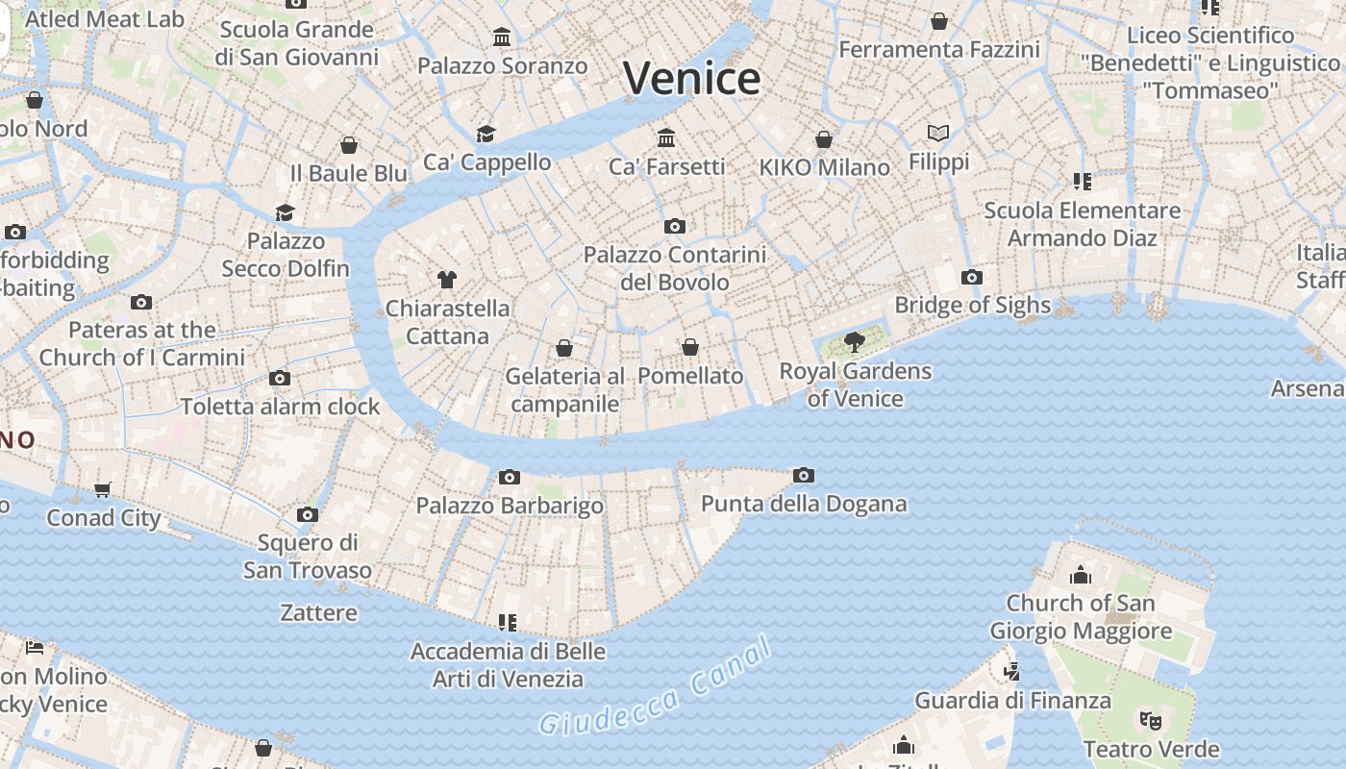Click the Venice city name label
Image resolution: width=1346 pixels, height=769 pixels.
coord(692,78)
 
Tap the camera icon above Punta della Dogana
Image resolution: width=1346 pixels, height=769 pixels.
coord(804,475)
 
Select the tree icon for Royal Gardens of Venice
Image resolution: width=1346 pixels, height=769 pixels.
coord(854,341)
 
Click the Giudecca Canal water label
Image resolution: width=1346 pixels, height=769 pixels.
coord(656,685)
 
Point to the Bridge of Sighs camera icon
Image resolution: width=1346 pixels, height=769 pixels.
coord(972,278)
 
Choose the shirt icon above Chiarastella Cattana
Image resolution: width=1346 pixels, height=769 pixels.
coord(447,280)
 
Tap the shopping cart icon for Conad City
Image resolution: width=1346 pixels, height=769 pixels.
coord(103,489)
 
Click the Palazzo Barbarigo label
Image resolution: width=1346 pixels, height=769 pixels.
coord(510,506)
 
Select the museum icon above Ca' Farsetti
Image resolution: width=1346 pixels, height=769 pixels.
coord(666,138)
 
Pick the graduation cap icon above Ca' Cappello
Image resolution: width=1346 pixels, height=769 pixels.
coord(486,134)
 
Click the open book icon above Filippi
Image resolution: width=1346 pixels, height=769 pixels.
coord(938,133)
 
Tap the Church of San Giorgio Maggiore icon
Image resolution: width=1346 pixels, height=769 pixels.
coord(1081,575)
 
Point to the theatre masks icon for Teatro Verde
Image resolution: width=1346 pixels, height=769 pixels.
coord(1150,720)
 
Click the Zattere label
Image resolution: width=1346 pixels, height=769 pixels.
coord(318,612)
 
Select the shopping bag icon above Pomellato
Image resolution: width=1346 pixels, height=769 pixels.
coord(690,347)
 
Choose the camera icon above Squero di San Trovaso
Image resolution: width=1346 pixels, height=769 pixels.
coord(308,514)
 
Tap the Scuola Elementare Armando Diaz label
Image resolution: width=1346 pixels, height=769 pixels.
coord(1083,224)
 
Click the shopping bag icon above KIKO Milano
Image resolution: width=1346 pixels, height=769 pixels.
coord(824,139)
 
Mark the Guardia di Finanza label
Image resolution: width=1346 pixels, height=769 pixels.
coord(1012,700)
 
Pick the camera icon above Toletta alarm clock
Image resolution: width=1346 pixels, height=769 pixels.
coord(280,378)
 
